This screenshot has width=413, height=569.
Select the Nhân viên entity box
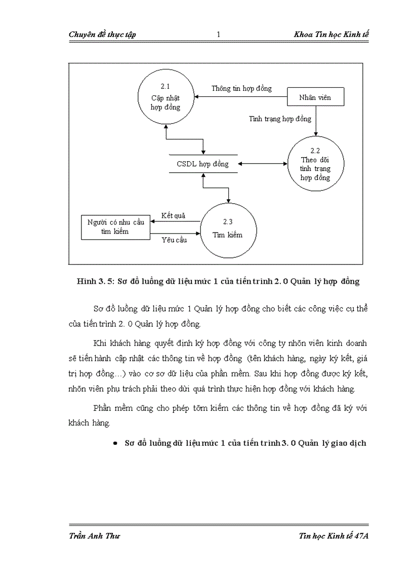(316, 97)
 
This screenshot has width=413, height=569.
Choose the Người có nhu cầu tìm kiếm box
(115, 226)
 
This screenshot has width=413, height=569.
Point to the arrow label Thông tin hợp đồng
(241, 88)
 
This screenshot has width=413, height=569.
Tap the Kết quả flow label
(173, 215)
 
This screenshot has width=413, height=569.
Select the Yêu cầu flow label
(174, 240)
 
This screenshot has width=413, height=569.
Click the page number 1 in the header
(218, 34)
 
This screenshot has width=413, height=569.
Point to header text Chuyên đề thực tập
(101, 34)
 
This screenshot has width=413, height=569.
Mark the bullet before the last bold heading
(115, 443)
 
